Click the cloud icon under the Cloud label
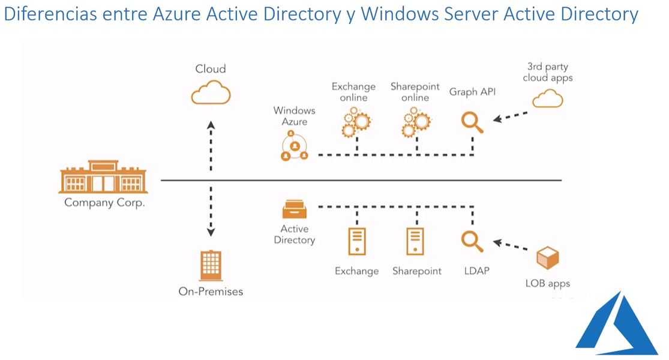(x=211, y=94)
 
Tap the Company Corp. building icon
(x=103, y=176)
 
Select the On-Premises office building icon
(x=211, y=265)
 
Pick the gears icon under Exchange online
(x=355, y=122)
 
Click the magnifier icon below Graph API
(x=472, y=122)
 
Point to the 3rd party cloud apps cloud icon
(x=548, y=98)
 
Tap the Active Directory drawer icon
(x=295, y=209)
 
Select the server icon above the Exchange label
(x=357, y=242)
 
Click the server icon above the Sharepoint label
(x=415, y=242)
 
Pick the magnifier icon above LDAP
(x=472, y=241)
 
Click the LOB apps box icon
(x=547, y=258)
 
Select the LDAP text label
(x=477, y=271)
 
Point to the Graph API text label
(x=472, y=92)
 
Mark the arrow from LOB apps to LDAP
(x=513, y=246)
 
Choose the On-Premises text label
(x=211, y=292)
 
